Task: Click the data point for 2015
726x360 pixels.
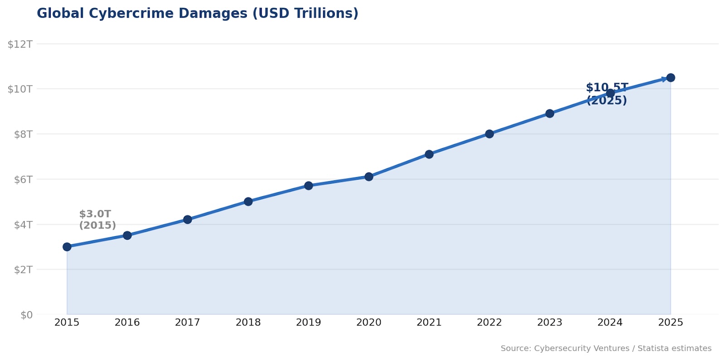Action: (x=67, y=247)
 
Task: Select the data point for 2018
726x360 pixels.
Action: (x=248, y=202)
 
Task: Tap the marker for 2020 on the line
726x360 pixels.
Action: (x=369, y=177)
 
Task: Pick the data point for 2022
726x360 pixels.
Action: (x=489, y=134)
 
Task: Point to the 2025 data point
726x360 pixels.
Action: (x=671, y=78)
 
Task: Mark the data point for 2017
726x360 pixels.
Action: (x=187, y=220)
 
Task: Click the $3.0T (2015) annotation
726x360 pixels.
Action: (x=97, y=220)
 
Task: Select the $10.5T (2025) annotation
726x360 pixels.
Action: (x=607, y=94)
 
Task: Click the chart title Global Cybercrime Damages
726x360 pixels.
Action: (x=197, y=14)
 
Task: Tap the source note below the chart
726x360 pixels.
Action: (x=606, y=349)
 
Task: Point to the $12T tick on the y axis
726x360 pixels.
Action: (x=20, y=44)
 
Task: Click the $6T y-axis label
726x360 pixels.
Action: (x=20, y=179)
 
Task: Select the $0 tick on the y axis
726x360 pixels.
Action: (x=26, y=315)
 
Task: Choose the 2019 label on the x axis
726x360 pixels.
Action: (x=309, y=323)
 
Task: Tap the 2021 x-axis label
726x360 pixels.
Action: (x=429, y=323)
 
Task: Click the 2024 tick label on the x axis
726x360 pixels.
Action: (x=610, y=323)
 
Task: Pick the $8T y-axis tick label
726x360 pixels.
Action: (x=20, y=134)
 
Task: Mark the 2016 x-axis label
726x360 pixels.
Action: (x=127, y=323)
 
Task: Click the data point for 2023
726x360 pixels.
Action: (x=549, y=113)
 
